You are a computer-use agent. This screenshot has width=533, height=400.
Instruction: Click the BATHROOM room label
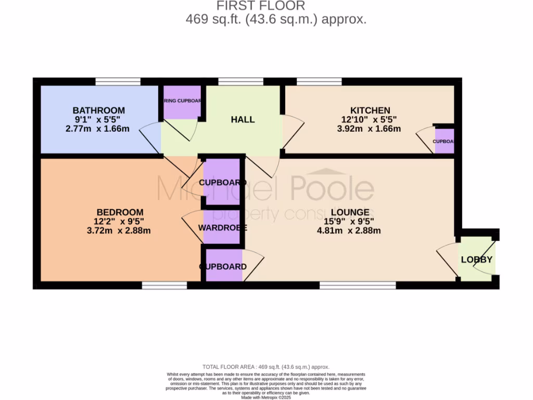98,110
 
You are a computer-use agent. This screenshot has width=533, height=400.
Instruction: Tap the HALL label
243,119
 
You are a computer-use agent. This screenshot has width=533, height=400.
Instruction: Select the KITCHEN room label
370,110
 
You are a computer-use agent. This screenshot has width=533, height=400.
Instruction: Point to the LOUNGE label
349,212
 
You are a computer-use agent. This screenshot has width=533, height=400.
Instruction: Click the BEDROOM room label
120,212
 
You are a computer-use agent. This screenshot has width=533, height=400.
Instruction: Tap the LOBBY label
476,259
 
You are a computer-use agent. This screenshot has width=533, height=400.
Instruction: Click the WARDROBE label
222,228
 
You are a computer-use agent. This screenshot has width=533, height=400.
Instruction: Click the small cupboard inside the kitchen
444,141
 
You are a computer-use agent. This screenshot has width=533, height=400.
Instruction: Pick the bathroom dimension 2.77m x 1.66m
97,129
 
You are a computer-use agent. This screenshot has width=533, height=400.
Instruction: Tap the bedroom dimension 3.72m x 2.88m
119,230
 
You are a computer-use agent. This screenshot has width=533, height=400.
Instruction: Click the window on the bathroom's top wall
118,81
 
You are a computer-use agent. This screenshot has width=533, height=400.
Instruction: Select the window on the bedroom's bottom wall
164,285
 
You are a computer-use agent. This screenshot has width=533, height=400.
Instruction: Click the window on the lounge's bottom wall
358,285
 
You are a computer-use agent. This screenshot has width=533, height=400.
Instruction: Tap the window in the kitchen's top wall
319,81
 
